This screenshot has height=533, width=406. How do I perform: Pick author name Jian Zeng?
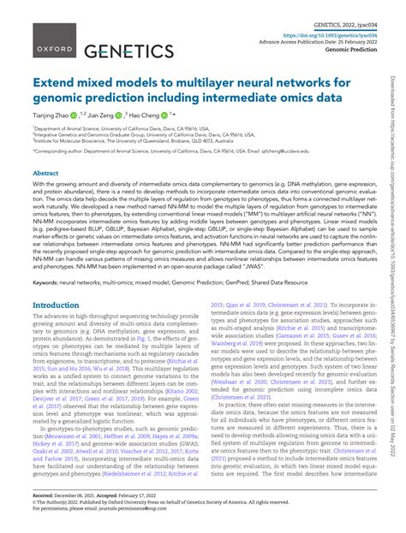118,114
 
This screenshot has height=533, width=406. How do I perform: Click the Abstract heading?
45,172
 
